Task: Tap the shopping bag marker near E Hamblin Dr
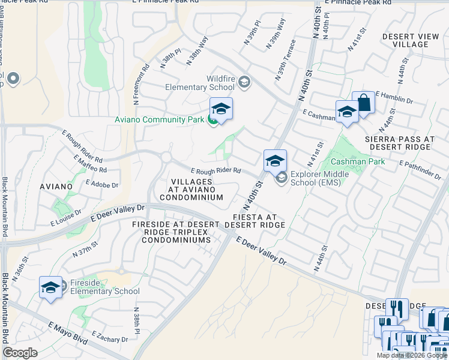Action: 363,103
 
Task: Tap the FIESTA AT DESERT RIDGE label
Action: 255,221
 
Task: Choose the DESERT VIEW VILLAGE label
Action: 411,41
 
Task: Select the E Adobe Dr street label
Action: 102,184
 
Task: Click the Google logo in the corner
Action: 20,352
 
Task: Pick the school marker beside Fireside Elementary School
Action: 51,287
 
